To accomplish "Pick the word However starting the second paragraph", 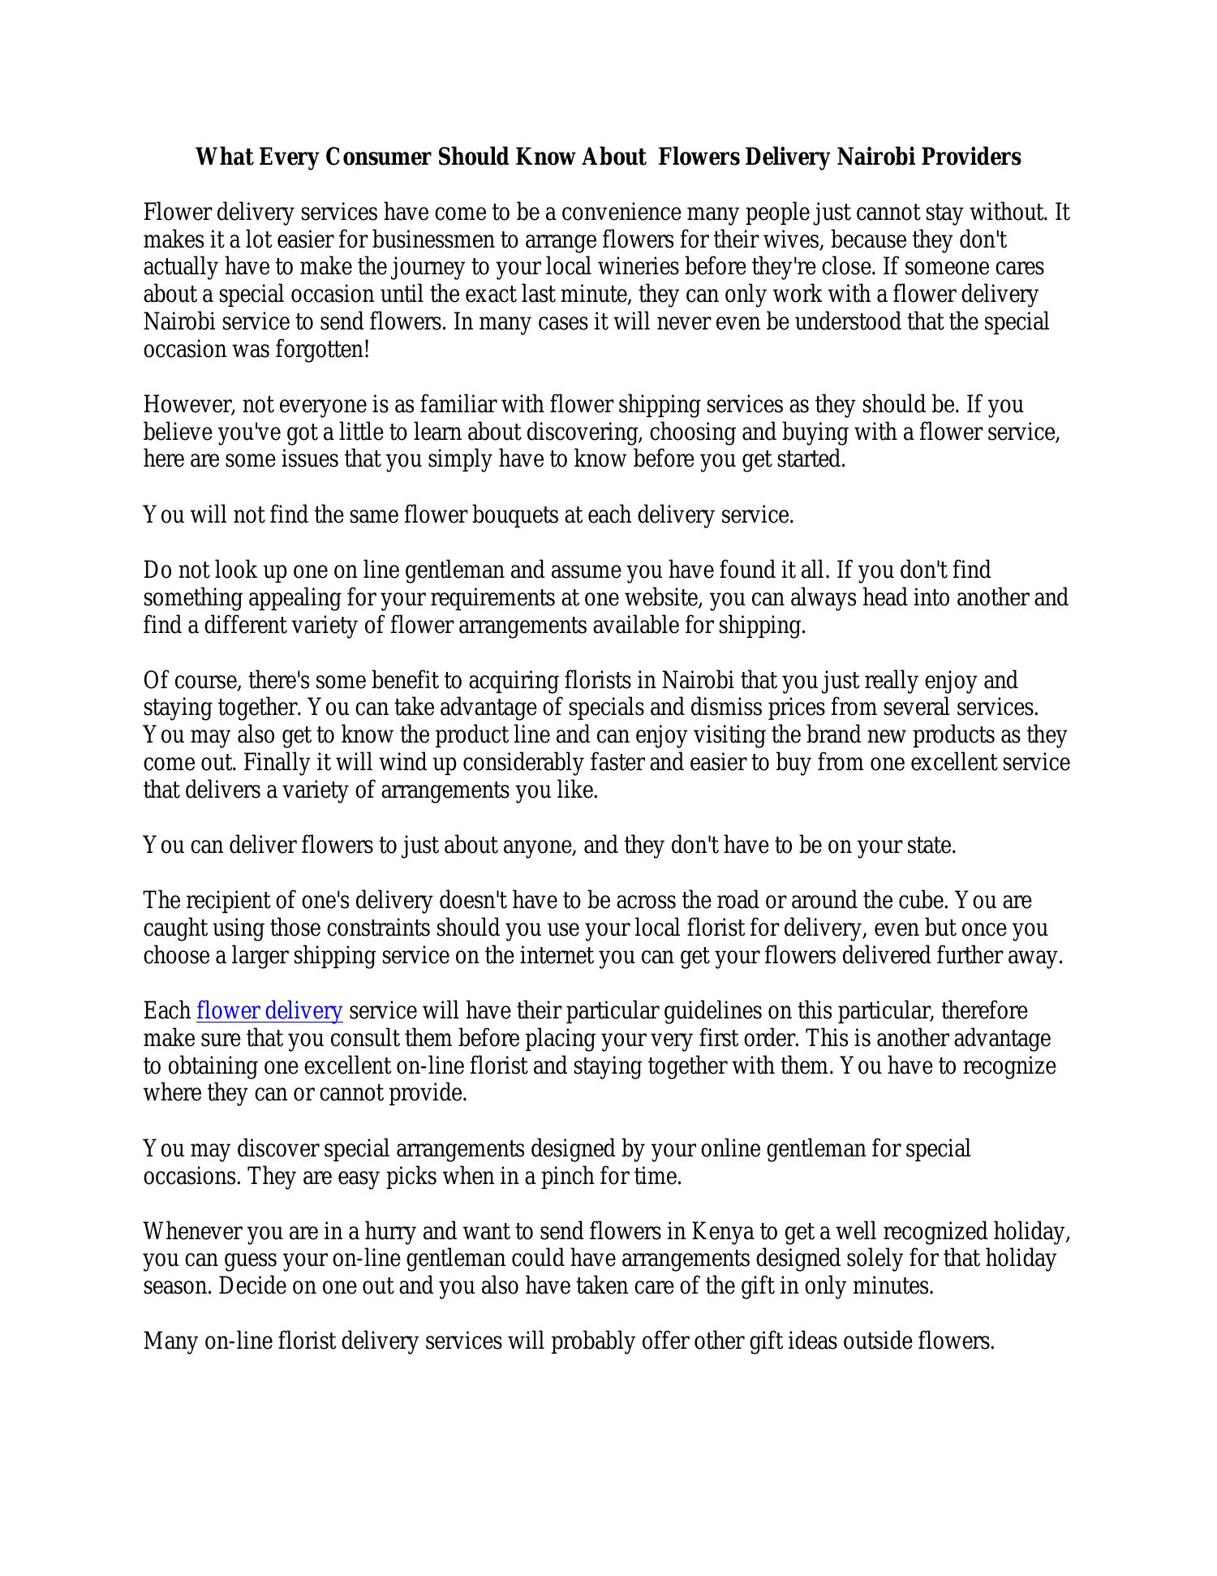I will coord(189,405).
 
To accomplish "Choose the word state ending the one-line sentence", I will coord(933,846).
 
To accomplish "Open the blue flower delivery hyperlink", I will coord(269,1011).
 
